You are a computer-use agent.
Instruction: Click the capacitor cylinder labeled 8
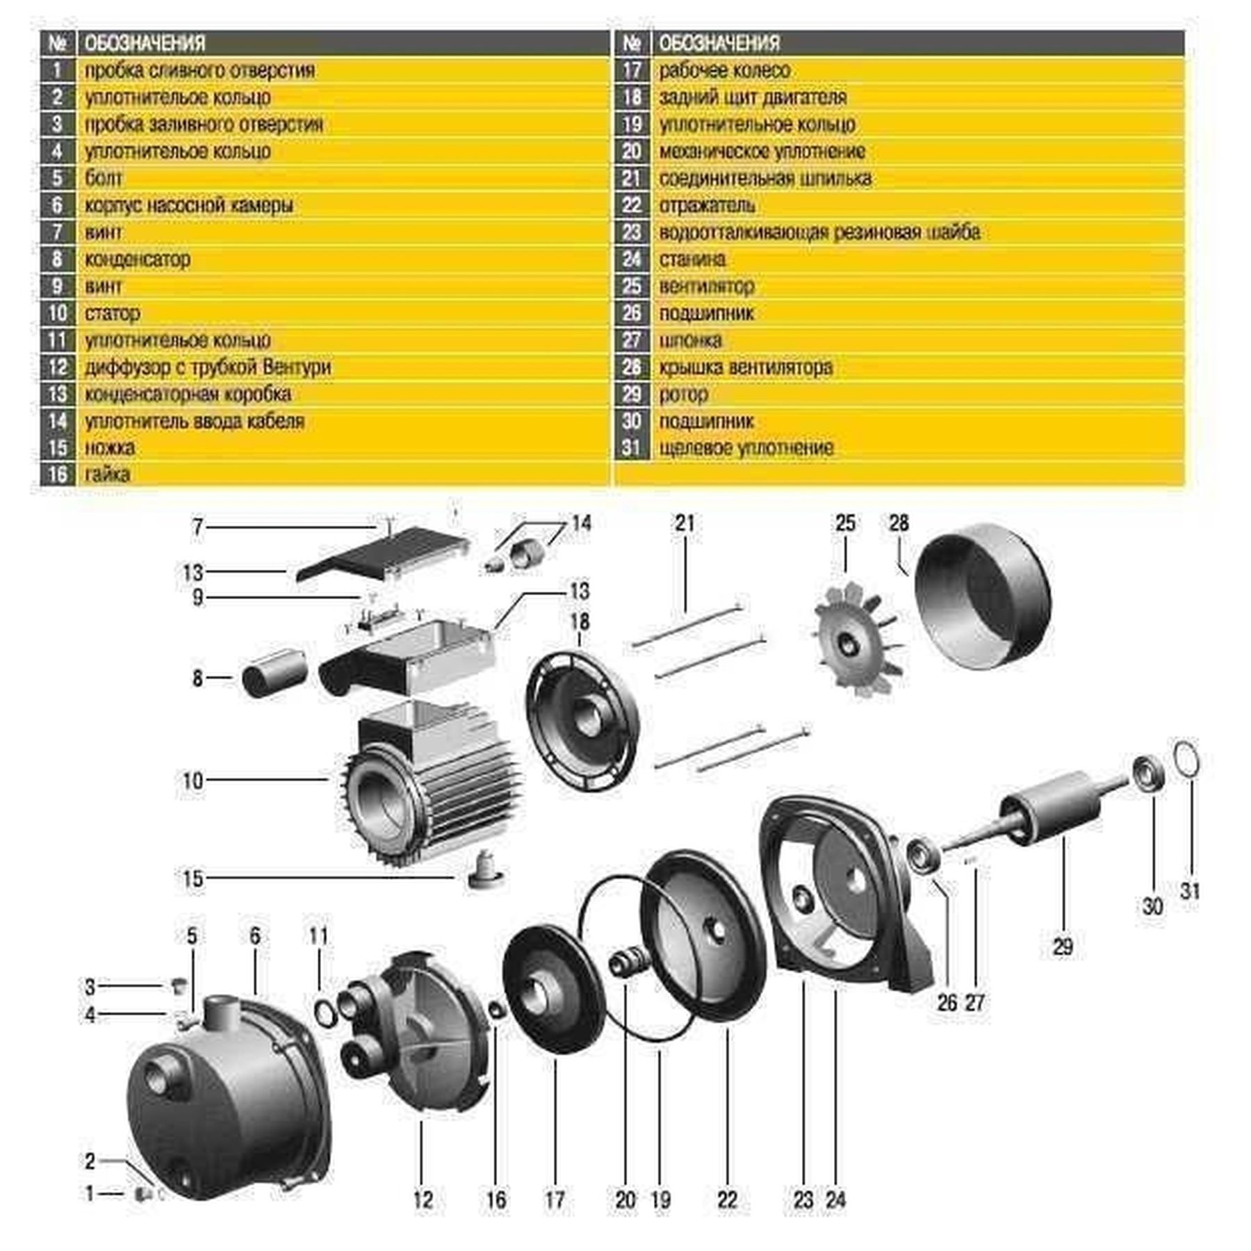pos(275,672)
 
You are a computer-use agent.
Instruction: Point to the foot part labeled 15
pos(484,870)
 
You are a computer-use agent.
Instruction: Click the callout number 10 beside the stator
pos(193,780)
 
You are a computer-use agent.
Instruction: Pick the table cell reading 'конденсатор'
pos(137,259)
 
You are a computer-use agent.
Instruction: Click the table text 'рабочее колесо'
pos(724,70)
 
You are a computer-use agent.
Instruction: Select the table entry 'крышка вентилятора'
pos(745,367)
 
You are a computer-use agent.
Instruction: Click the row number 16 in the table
pos(57,475)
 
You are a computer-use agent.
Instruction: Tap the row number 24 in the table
pos(631,259)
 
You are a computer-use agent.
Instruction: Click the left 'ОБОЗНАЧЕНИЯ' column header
pos(145,43)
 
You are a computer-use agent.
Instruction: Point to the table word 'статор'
pos(112,313)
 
